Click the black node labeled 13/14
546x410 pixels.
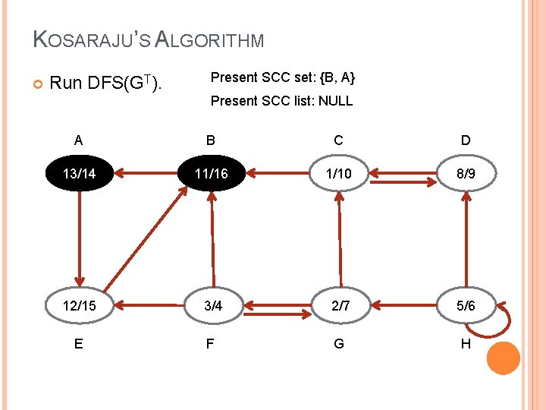click(80, 174)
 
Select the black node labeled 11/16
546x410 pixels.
click(211, 174)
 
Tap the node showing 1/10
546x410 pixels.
click(338, 174)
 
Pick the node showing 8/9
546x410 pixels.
click(466, 174)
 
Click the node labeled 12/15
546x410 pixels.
click(80, 306)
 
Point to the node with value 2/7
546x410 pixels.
click(338, 306)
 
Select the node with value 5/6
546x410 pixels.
click(466, 306)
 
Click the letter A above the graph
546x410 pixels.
click(79, 140)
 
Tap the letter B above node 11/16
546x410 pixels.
click(211, 140)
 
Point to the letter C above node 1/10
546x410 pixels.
click(338, 140)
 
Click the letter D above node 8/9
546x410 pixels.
click(466, 140)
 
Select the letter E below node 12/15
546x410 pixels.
click(79, 344)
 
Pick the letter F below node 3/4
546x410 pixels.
click(210, 344)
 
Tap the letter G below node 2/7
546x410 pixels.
click(338, 344)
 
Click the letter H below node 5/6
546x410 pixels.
click(466, 344)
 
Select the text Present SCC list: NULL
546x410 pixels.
click(281, 101)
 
